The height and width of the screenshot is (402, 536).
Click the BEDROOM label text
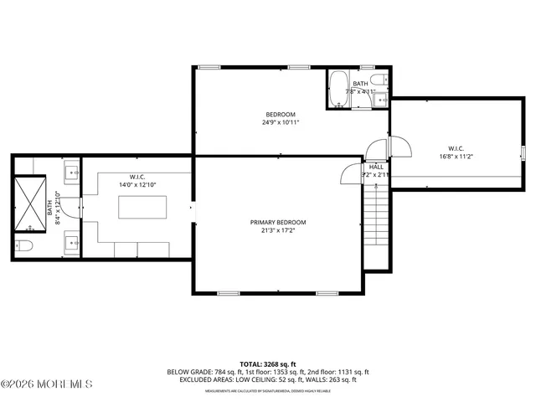click(281, 114)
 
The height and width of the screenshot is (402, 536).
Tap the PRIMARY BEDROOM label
click(278, 222)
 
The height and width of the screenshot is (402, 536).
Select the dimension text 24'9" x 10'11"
click(281, 122)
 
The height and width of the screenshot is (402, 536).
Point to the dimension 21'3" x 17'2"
click(278, 230)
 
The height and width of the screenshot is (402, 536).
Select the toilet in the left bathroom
click(23, 245)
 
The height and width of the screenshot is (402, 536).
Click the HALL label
click(376, 167)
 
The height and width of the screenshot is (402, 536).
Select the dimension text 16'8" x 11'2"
click(456, 156)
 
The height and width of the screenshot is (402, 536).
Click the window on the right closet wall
click(523, 152)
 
